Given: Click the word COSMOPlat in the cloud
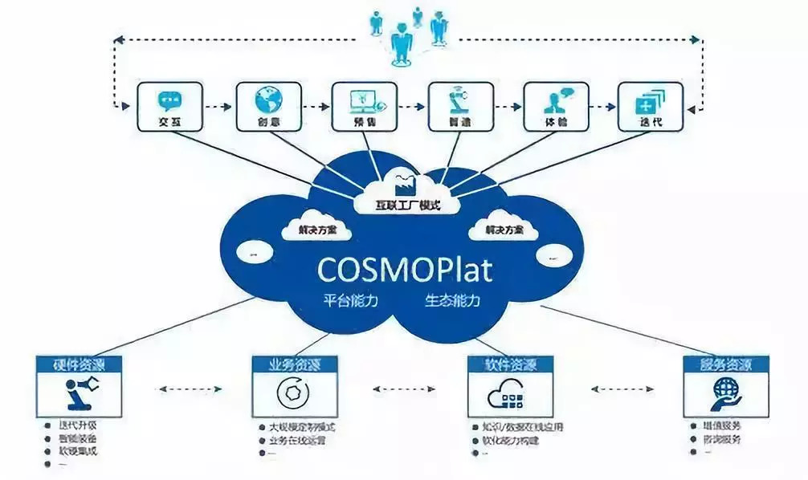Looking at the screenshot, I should point(405,269).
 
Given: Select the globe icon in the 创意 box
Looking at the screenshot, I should point(267,100).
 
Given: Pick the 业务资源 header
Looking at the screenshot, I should point(294,364).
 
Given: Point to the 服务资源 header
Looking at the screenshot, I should point(725,364).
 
